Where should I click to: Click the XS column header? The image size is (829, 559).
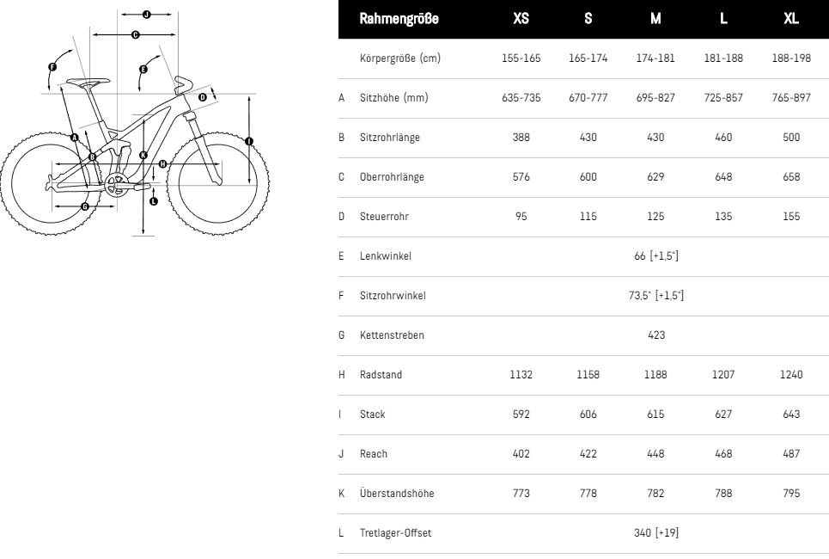point(521,19)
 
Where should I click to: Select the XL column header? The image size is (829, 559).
point(791,19)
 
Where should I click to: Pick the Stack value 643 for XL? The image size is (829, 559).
point(791,414)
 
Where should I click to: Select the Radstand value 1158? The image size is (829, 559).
point(588,374)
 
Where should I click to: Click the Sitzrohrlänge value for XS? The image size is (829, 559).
point(521,138)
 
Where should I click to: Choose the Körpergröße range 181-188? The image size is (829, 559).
point(723,58)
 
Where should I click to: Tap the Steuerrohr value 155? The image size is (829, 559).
point(791,217)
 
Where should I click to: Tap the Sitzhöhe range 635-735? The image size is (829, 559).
point(521,98)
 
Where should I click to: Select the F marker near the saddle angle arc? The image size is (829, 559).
point(52,66)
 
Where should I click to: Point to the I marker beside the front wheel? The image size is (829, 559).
point(248,140)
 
